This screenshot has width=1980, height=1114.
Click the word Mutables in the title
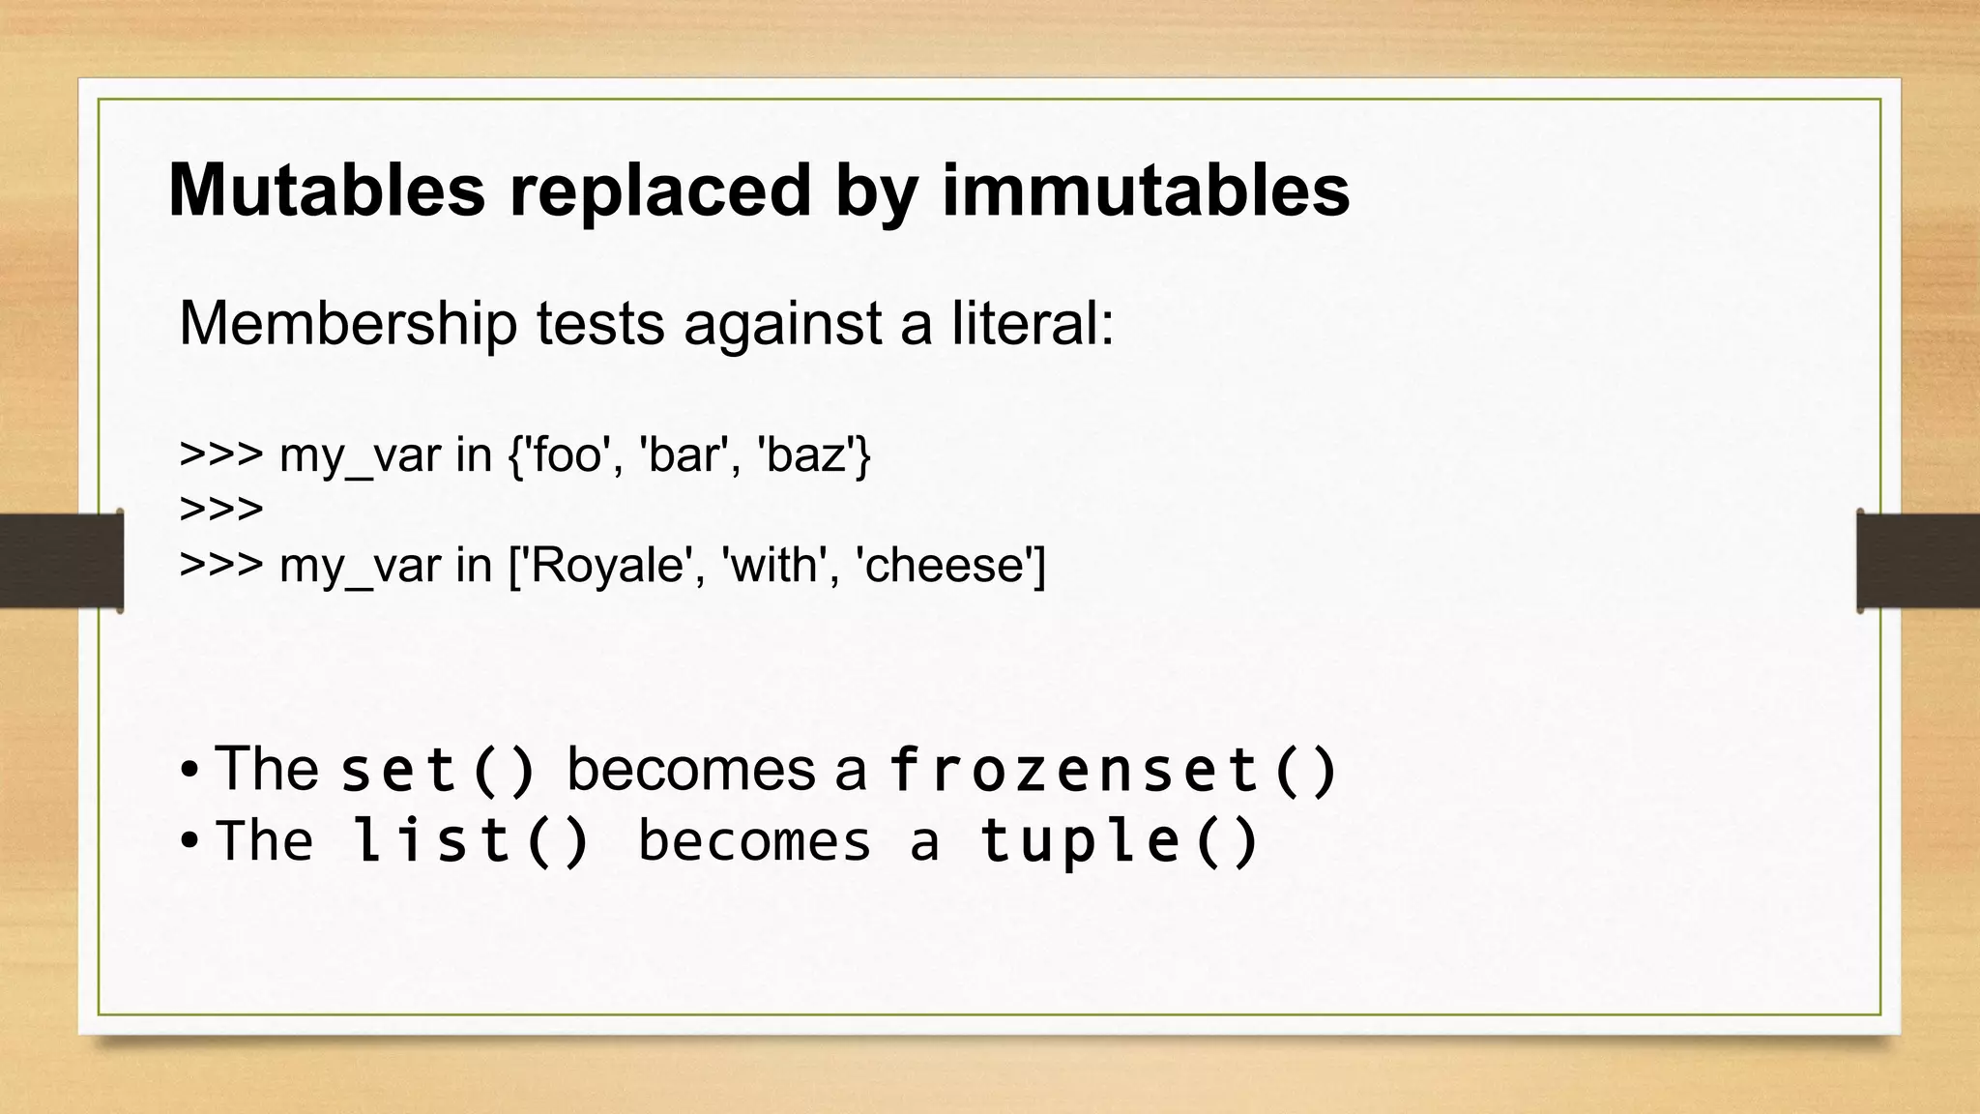326,191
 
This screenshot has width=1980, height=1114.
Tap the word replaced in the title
660,191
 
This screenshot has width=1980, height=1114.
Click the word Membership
348,323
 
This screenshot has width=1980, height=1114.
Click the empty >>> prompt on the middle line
221,509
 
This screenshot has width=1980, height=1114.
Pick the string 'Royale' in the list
609,565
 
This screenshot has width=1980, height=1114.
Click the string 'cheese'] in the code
951,565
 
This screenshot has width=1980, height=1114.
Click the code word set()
438,772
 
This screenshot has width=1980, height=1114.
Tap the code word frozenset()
1113,772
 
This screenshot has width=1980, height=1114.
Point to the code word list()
471,841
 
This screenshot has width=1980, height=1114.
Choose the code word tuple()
1120,841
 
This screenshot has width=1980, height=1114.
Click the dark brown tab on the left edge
61,561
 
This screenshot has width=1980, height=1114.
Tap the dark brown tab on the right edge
1918,561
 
